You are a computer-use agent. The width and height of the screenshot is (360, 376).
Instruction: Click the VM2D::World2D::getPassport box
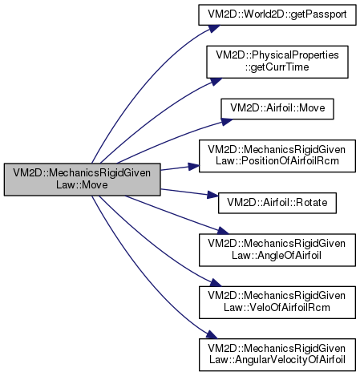[277, 15]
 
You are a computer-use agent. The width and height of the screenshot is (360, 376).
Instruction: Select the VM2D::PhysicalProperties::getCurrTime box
[277, 62]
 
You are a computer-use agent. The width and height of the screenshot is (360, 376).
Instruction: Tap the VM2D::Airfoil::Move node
[277, 109]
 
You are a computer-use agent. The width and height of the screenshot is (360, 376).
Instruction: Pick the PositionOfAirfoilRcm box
[277, 156]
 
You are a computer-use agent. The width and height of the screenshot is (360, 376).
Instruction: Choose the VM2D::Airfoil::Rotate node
[277, 203]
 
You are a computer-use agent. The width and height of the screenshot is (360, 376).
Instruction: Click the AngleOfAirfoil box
[277, 250]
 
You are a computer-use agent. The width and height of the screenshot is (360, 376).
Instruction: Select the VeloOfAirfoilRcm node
[277, 302]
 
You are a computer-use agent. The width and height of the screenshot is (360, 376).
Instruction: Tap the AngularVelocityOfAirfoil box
[277, 354]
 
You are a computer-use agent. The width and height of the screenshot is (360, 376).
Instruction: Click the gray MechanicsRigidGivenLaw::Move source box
[82, 180]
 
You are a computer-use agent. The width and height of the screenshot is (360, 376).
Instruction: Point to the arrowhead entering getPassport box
[214, 28]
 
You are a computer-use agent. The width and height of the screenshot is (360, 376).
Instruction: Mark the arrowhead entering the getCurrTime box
[216, 81]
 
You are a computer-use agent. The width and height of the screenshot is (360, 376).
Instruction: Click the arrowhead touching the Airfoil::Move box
[227, 122]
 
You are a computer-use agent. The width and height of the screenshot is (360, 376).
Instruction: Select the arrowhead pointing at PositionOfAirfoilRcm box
[194, 166]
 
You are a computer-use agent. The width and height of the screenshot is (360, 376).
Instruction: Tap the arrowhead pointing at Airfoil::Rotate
[213, 195]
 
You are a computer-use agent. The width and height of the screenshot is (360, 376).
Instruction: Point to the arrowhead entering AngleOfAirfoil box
[223, 231]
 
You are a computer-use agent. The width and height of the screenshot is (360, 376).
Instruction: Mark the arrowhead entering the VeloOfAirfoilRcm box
[215, 283]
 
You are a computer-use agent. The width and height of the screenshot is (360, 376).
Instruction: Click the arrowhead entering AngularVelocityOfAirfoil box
[212, 335]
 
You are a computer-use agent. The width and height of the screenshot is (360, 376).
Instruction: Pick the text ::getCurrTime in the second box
[277, 67]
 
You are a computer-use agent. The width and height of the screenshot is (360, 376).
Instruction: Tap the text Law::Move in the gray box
[82, 184]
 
